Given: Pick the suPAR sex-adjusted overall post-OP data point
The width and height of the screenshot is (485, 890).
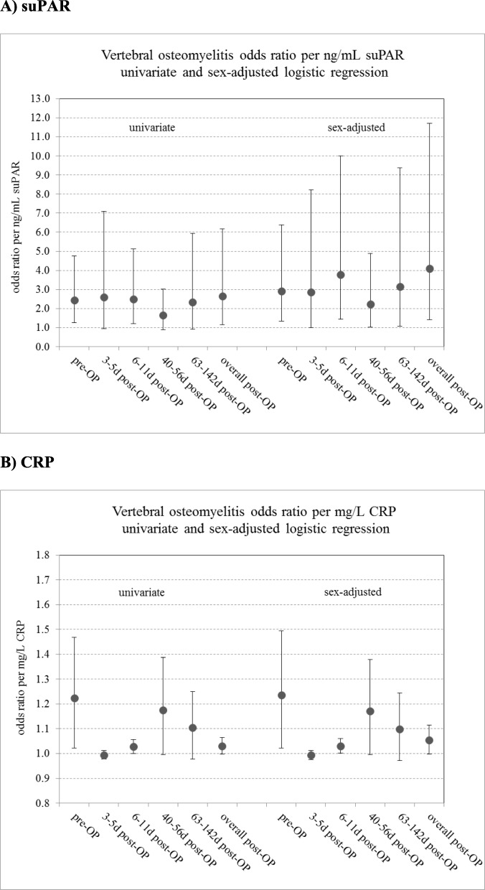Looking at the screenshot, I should click(430, 268).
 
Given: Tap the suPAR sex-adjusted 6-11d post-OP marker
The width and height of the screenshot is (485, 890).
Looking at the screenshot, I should click(341, 275).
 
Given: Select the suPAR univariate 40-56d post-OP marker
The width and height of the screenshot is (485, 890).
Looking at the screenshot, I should click(163, 315).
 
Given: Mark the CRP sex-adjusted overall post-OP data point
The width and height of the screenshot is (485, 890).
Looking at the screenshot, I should click(430, 740).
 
